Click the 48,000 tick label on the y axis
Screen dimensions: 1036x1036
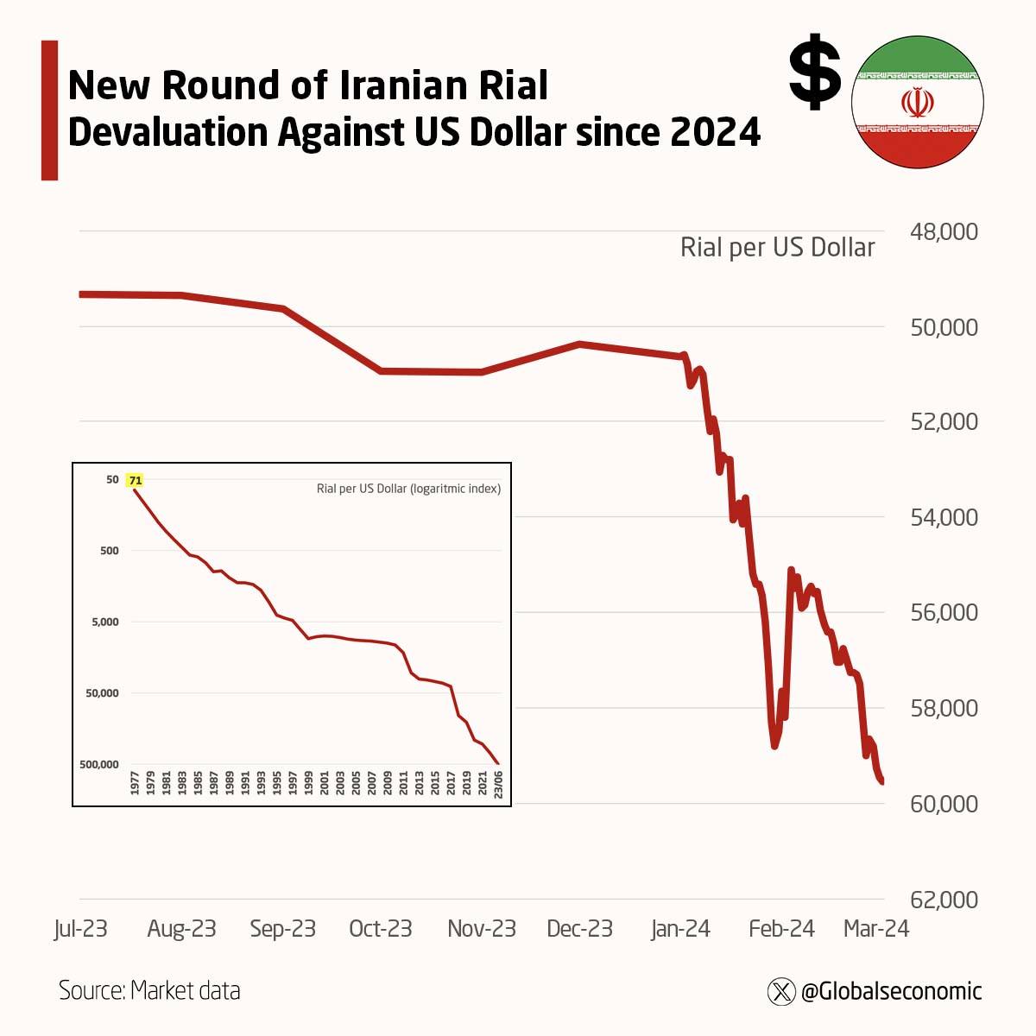coord(944,231)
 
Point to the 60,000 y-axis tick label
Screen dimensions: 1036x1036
coord(944,804)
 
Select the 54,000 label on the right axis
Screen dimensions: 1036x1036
coord(944,517)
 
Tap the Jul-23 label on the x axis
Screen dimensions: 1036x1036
coord(80,929)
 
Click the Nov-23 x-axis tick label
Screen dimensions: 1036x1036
coord(481,929)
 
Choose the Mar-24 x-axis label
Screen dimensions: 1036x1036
coord(875,929)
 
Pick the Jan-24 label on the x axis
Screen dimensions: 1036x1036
coord(680,929)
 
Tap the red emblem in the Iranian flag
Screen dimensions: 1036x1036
coord(917,102)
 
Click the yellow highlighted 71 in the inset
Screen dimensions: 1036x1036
coord(136,480)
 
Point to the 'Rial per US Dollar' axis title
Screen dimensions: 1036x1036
coord(777,248)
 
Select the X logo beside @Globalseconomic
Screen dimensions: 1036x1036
coord(781,991)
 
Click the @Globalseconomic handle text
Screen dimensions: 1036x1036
coord(891,991)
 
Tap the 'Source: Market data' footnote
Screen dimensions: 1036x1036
coord(149,990)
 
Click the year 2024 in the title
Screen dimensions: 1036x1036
coord(715,132)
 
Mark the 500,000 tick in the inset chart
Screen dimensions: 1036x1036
coord(99,764)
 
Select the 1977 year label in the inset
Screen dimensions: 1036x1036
coord(135,783)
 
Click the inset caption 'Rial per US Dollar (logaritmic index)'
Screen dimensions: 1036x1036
coord(408,489)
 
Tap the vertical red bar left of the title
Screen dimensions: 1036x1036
coord(49,110)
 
